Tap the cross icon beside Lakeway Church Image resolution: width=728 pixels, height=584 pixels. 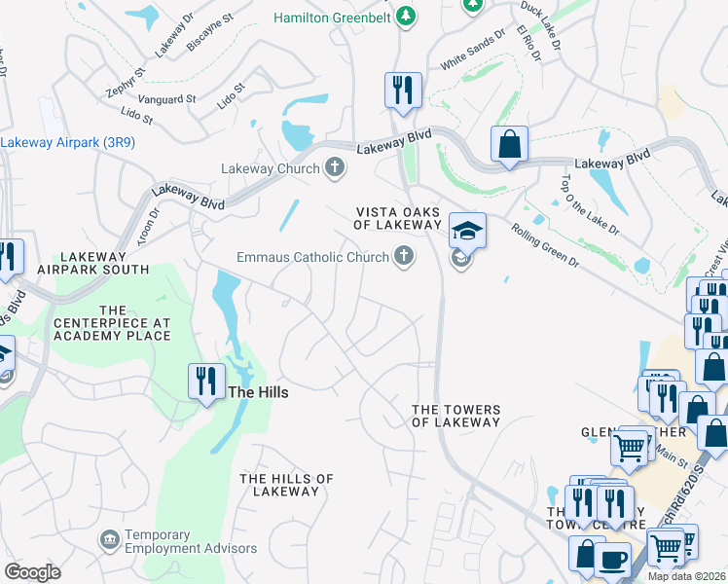(334, 167)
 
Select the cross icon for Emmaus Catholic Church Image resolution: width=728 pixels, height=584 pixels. (403, 257)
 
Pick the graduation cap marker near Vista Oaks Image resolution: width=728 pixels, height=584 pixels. (467, 232)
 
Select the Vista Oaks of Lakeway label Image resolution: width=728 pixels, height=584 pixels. (398, 218)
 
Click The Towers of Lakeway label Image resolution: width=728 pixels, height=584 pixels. (455, 416)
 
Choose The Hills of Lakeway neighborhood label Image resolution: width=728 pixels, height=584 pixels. (286, 485)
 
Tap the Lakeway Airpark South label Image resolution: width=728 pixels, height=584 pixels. (92, 262)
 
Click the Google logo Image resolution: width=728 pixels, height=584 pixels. (33, 572)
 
